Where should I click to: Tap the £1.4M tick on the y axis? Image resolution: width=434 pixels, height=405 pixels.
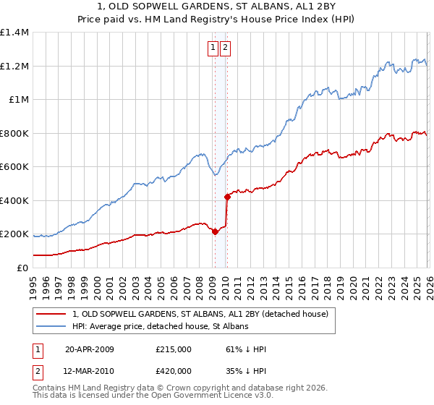click(14, 33)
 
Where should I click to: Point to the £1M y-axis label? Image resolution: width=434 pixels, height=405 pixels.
click(18, 100)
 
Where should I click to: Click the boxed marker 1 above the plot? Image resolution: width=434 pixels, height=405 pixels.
click(213, 48)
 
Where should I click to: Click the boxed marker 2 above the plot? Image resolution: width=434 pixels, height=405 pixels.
click(226, 48)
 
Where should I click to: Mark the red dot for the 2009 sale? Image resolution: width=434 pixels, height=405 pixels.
click(215, 231)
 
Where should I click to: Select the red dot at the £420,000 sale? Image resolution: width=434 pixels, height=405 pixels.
click(226, 197)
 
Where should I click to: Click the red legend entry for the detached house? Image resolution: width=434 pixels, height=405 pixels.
click(200, 314)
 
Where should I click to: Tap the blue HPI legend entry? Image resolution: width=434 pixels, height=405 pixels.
click(160, 326)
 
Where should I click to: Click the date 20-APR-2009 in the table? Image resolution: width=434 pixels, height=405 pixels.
click(90, 349)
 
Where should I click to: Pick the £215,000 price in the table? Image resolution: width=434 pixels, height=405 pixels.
click(173, 349)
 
